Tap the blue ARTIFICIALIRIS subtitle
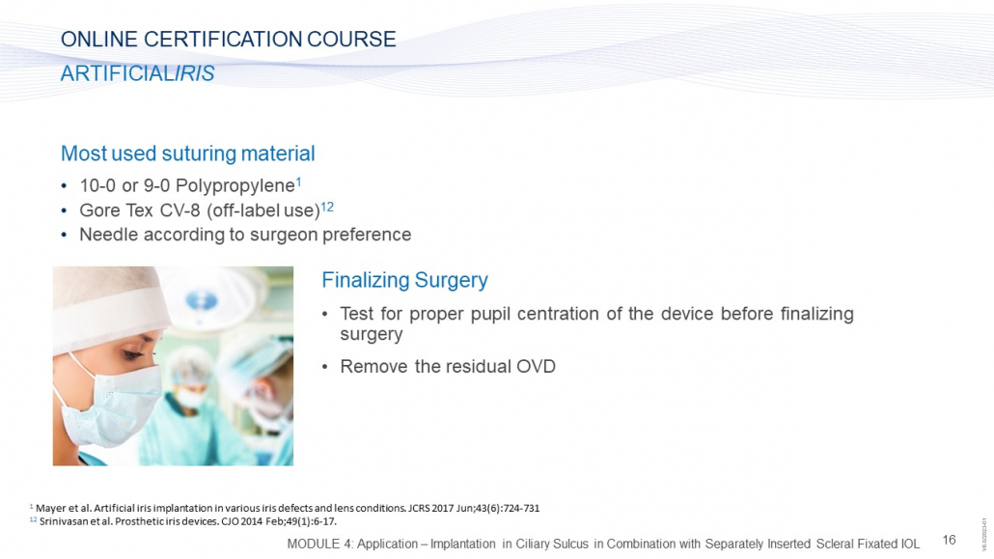pyautogui.click(x=138, y=73)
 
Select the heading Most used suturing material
pyautogui.click(x=187, y=154)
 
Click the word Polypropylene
pyautogui.click(x=235, y=186)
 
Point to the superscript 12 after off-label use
pyautogui.click(x=327, y=207)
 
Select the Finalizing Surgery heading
pyautogui.click(x=404, y=280)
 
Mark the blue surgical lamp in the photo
pyautogui.click(x=203, y=300)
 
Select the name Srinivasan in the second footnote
pyautogui.click(x=62, y=521)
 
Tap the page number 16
pyautogui.click(x=949, y=540)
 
